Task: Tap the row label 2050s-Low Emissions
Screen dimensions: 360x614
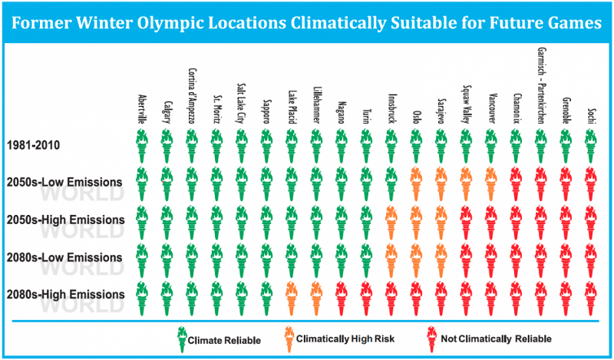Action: coord(64,183)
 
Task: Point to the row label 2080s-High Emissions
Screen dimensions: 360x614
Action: coord(65,294)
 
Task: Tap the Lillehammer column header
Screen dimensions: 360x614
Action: coord(316,100)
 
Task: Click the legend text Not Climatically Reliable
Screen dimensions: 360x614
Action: coord(495,339)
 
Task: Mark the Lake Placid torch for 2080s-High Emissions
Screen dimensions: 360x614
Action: coord(291,296)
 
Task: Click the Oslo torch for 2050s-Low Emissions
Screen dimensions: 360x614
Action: coord(415,183)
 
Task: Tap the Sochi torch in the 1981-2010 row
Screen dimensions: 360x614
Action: coord(590,144)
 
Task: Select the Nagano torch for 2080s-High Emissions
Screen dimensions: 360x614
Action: coord(341,296)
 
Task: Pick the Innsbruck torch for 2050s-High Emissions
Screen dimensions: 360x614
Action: coord(391,220)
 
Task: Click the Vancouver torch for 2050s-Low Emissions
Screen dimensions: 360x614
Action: coord(490,183)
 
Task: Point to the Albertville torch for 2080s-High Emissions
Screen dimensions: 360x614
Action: coord(141,296)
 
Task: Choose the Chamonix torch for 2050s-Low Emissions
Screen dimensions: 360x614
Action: coord(516,183)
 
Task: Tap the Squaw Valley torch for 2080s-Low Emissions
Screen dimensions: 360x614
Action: coord(465,258)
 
